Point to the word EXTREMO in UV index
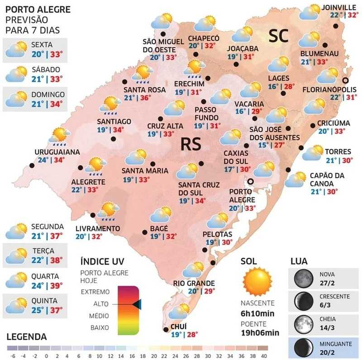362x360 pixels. (95, 292)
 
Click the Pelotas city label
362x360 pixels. (218, 234)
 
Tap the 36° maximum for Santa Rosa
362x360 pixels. (146, 98)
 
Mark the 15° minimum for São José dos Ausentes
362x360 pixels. (263, 145)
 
